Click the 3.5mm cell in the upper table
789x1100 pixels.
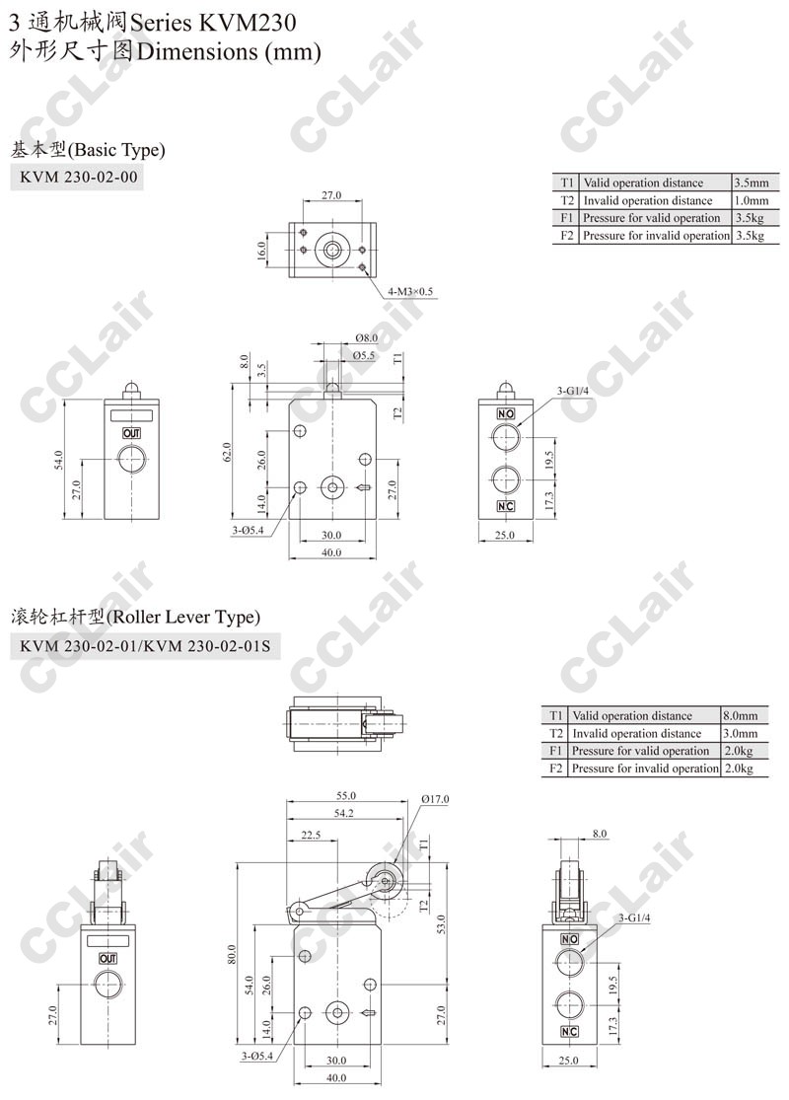752,183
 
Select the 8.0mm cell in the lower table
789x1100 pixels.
741,716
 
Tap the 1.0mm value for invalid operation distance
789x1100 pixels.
752,200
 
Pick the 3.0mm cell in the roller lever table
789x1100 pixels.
741,734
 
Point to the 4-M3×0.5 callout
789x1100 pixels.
410,291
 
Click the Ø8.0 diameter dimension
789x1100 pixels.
366,338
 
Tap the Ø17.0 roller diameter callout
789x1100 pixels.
435,799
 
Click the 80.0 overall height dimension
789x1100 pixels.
232,954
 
